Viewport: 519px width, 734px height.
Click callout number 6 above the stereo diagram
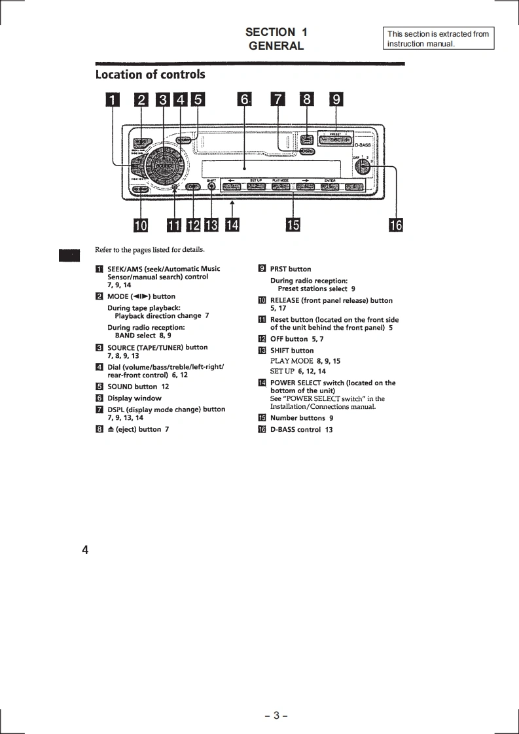tap(244, 99)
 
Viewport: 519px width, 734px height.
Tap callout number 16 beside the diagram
tap(396, 225)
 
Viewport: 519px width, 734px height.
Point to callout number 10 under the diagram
tap(141, 225)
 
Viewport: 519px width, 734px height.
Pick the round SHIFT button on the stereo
tap(211, 187)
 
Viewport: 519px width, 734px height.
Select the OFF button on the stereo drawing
tap(192, 188)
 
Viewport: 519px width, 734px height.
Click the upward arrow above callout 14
tap(232, 207)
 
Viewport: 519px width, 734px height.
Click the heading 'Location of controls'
tap(150, 75)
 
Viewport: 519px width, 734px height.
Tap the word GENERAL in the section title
tap(276, 46)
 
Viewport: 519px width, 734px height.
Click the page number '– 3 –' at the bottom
tap(276, 716)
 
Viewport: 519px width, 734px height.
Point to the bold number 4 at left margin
tap(85, 550)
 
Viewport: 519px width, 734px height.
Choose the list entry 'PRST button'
tap(291, 269)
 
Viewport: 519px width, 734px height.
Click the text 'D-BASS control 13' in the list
tap(301, 430)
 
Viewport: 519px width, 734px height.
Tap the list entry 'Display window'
tap(134, 398)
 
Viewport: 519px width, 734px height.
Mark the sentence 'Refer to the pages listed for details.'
tap(150, 249)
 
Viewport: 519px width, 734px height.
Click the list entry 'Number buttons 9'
tap(302, 418)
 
